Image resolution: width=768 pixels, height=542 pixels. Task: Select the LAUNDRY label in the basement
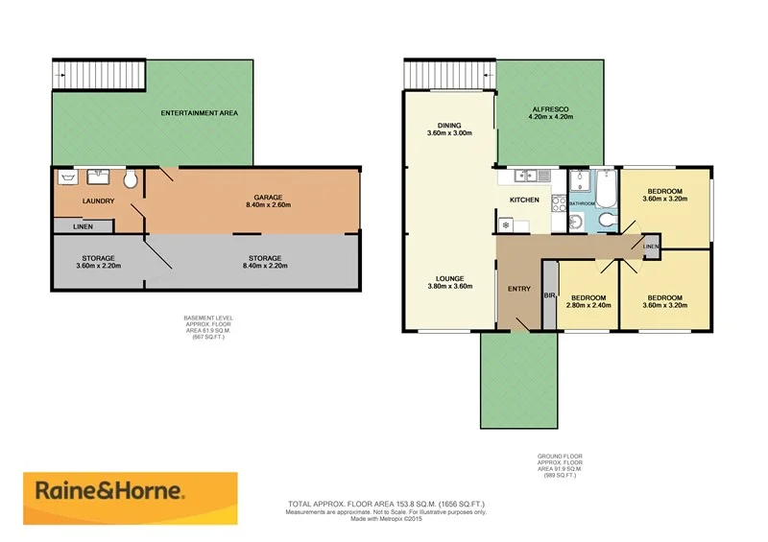pyautogui.click(x=99, y=201)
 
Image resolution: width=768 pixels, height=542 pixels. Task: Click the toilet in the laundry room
pyautogui.click(x=132, y=179)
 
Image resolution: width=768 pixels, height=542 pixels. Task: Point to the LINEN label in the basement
pyautogui.click(x=82, y=225)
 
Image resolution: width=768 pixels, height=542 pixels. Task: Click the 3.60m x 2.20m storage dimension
pyautogui.click(x=98, y=267)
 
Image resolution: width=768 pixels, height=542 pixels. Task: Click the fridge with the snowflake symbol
pyautogui.click(x=507, y=224)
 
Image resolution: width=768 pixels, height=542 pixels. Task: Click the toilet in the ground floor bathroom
pyautogui.click(x=605, y=221)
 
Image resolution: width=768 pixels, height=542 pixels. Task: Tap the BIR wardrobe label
pyautogui.click(x=550, y=295)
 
